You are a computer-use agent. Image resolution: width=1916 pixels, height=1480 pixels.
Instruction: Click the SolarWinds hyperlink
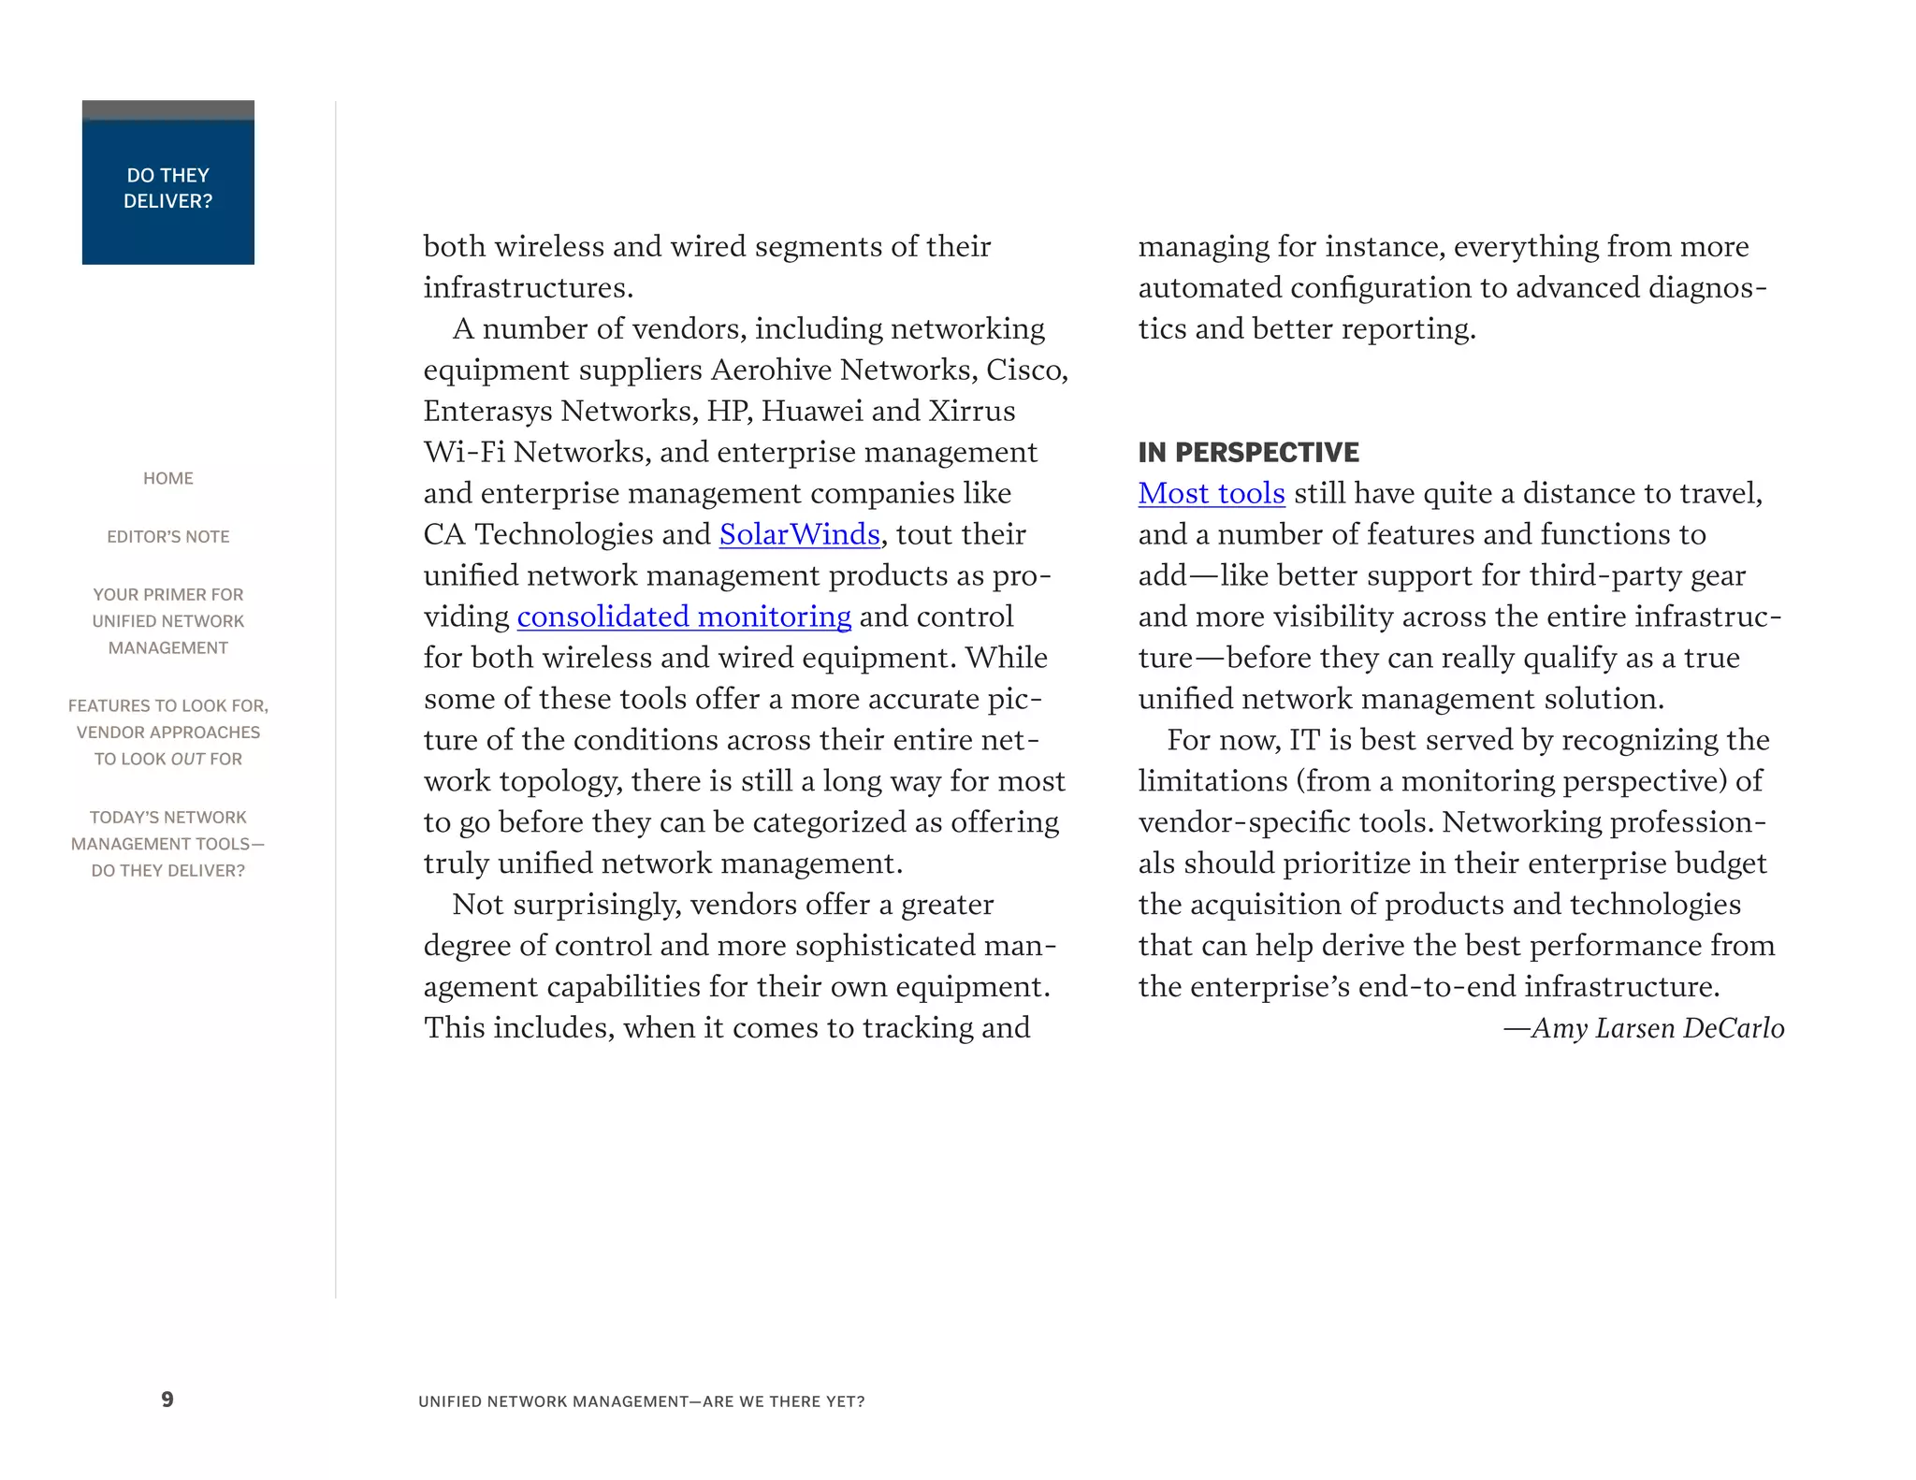[x=799, y=534]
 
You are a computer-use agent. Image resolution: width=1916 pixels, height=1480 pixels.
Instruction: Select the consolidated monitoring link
[x=683, y=617]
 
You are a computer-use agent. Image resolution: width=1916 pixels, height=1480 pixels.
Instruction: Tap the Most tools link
[x=1211, y=493]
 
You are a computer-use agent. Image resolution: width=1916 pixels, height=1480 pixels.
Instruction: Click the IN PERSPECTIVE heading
[x=1248, y=453]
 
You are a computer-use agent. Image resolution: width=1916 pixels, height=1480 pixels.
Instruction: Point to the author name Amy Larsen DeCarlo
[x=1656, y=1028]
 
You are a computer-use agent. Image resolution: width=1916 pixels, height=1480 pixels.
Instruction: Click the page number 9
[x=167, y=1400]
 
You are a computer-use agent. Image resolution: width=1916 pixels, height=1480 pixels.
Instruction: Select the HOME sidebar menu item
[x=168, y=478]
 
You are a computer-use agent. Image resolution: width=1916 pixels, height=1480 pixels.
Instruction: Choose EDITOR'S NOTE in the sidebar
[x=168, y=537]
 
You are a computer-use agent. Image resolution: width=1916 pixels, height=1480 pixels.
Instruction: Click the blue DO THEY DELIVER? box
[x=168, y=188]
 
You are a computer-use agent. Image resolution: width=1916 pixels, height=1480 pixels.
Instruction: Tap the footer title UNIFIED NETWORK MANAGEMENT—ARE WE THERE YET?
[x=641, y=1401]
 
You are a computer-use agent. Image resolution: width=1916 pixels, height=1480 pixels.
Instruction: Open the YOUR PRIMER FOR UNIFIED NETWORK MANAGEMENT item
[x=168, y=621]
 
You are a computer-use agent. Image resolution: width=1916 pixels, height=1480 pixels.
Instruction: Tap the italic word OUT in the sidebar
[x=187, y=760]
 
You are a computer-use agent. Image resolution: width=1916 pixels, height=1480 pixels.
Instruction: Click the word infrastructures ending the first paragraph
[x=527, y=287]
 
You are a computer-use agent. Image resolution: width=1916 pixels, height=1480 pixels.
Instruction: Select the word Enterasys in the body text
[x=487, y=411]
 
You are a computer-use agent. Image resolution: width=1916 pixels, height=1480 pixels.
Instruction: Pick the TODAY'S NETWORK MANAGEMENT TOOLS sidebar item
[x=168, y=844]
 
